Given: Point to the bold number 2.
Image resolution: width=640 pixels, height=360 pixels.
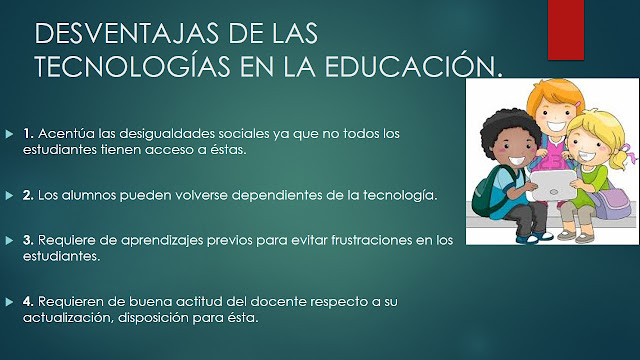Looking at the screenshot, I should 28,196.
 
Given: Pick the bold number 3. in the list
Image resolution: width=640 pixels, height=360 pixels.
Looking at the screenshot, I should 28,240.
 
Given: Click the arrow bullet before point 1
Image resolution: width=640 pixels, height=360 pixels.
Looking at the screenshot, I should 10,133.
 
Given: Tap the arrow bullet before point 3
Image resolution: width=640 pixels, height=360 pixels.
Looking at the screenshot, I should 10,240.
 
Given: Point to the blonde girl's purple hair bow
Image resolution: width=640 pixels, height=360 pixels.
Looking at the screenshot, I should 622,157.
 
